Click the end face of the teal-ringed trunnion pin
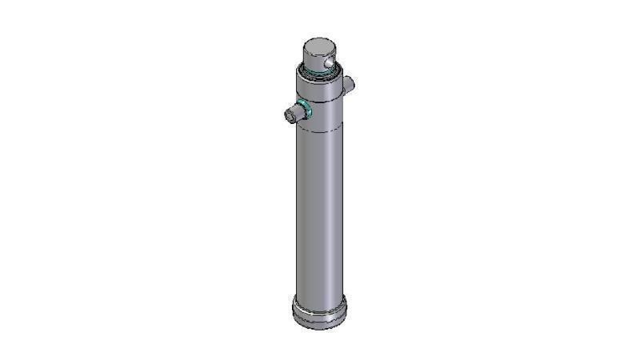[x=289, y=115]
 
